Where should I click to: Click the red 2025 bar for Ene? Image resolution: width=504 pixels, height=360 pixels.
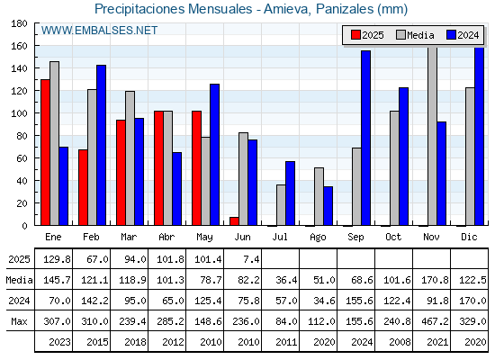point(45,152)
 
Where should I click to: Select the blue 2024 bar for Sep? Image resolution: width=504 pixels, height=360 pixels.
point(365,138)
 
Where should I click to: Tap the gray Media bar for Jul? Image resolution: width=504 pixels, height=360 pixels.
point(281,205)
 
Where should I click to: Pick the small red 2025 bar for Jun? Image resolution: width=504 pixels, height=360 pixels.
point(234,221)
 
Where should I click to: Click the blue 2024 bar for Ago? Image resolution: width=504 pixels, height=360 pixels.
point(328,206)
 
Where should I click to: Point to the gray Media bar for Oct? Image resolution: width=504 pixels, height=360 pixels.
point(394,168)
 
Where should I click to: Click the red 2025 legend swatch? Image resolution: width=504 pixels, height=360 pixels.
point(355,35)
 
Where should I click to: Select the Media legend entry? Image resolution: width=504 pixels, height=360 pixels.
point(415,35)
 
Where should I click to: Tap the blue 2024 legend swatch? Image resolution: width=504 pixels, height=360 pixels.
point(451,35)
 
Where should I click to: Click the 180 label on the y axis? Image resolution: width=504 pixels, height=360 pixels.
point(19,23)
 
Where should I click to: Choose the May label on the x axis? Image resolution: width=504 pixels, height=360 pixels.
point(204,238)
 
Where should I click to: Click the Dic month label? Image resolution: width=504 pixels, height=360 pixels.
point(469,237)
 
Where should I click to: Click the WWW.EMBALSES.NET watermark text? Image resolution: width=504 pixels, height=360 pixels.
point(99,31)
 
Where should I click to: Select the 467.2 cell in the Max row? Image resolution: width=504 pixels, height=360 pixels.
point(435,321)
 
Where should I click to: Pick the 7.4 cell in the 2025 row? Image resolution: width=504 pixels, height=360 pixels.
point(251,259)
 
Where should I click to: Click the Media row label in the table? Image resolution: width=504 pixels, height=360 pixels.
point(19,280)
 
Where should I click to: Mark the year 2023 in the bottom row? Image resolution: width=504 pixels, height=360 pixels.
point(59,342)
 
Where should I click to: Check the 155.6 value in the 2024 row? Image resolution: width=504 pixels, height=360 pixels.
point(359,301)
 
